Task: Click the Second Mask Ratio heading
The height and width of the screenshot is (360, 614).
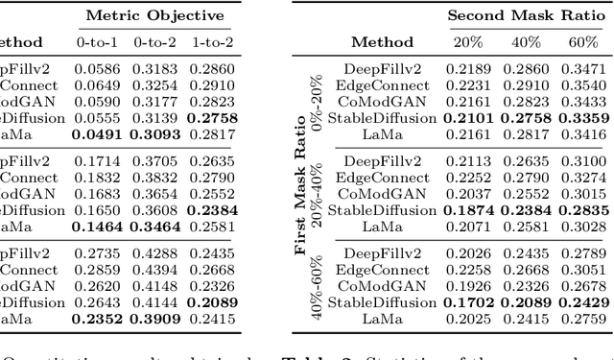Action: (525, 16)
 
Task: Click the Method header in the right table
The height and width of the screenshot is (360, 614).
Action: (382, 42)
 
